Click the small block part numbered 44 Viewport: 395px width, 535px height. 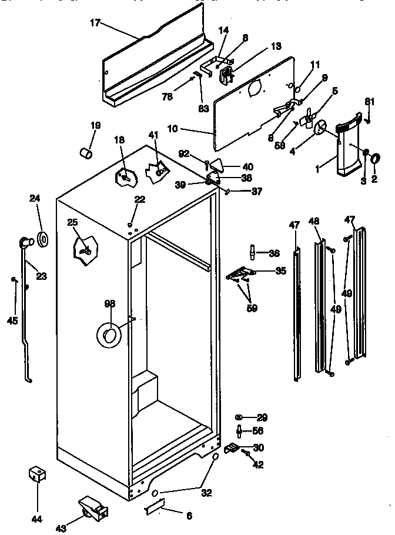pos(36,474)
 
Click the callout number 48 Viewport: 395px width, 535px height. pos(314,221)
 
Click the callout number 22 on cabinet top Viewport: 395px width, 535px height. pos(139,199)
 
